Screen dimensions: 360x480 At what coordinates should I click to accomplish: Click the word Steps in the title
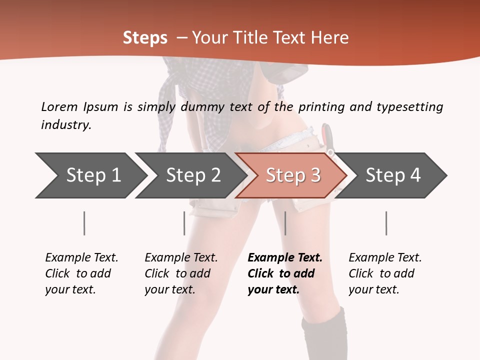pos(145,38)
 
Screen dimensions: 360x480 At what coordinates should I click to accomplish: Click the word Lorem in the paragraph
pos(59,106)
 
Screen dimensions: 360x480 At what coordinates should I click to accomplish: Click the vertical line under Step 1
pos(84,223)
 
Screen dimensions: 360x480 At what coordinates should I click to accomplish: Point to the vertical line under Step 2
pos(184,223)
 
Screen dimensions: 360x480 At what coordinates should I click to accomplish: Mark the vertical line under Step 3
pos(285,223)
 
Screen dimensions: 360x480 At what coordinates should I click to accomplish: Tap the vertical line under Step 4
pos(386,223)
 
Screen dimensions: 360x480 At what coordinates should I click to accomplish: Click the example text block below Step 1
pos(81,273)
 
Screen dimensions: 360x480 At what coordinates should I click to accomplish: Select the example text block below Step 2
pos(180,273)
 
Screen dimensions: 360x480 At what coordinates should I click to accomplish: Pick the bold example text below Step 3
pos(284,273)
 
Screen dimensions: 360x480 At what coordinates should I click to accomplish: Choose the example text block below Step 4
pos(384,273)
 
